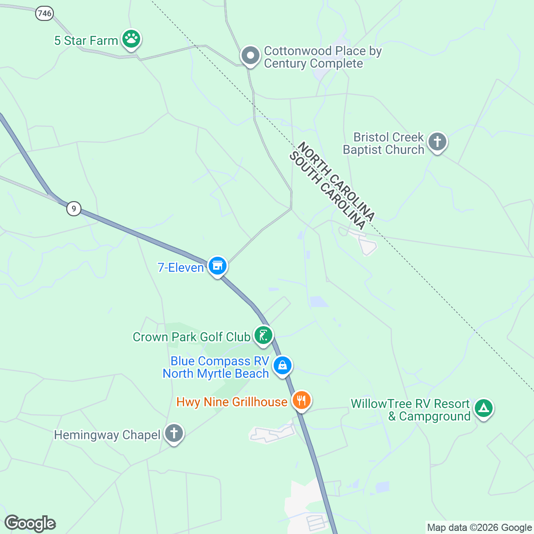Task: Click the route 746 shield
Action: (44, 14)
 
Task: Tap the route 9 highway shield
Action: (74, 208)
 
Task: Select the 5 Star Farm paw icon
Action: (131, 40)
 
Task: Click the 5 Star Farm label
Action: (86, 40)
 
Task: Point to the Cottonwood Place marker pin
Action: (250, 56)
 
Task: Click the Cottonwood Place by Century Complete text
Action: (323, 57)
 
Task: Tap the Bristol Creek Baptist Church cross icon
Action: (437, 142)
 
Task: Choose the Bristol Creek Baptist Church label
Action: (384, 143)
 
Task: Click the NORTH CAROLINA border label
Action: (336, 181)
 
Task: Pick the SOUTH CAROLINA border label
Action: (328, 190)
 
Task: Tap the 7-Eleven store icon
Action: (217, 266)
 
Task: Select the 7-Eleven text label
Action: (181, 267)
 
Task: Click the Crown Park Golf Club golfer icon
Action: (263, 335)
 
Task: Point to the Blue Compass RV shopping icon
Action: (282, 366)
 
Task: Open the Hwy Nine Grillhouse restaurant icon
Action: (301, 400)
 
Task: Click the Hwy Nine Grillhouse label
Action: (232, 402)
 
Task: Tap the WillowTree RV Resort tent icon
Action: (483, 408)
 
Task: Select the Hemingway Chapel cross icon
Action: (174, 433)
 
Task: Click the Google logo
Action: (30, 523)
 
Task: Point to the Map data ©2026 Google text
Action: (479, 528)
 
